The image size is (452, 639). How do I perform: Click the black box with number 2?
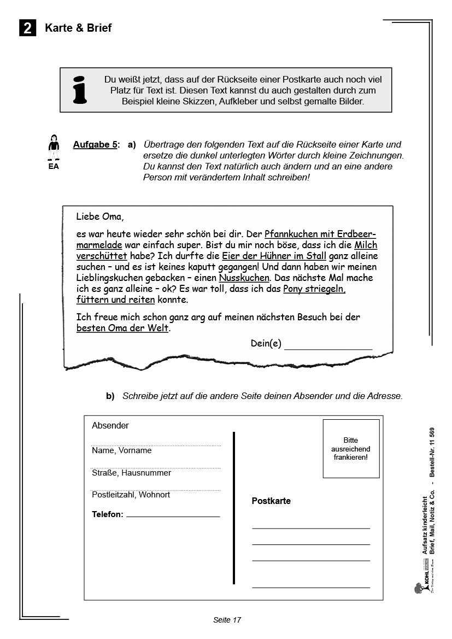tap(27, 28)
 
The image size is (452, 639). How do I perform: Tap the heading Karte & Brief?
tap(78, 28)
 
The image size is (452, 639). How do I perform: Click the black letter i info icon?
tap(80, 90)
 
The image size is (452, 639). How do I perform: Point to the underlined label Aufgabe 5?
tap(95, 145)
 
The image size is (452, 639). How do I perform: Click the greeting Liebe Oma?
tap(100, 216)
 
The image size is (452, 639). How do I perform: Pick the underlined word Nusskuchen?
tap(244, 278)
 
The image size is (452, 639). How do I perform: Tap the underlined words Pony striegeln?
tap(314, 289)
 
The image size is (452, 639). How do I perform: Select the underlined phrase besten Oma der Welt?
tap(122, 328)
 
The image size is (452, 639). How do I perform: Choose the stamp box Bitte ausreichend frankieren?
tap(351, 449)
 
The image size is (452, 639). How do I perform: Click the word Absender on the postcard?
tap(110, 425)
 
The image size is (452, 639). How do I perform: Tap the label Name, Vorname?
tap(121, 450)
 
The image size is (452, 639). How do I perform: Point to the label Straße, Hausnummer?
tap(131, 473)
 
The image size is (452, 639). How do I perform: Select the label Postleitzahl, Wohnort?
tap(131, 495)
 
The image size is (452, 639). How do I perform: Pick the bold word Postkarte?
tap(271, 501)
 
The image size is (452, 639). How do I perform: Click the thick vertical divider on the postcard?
tap(234, 508)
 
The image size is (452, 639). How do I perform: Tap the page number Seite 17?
tap(227, 619)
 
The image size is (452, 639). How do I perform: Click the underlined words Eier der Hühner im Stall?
tap(274, 256)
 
